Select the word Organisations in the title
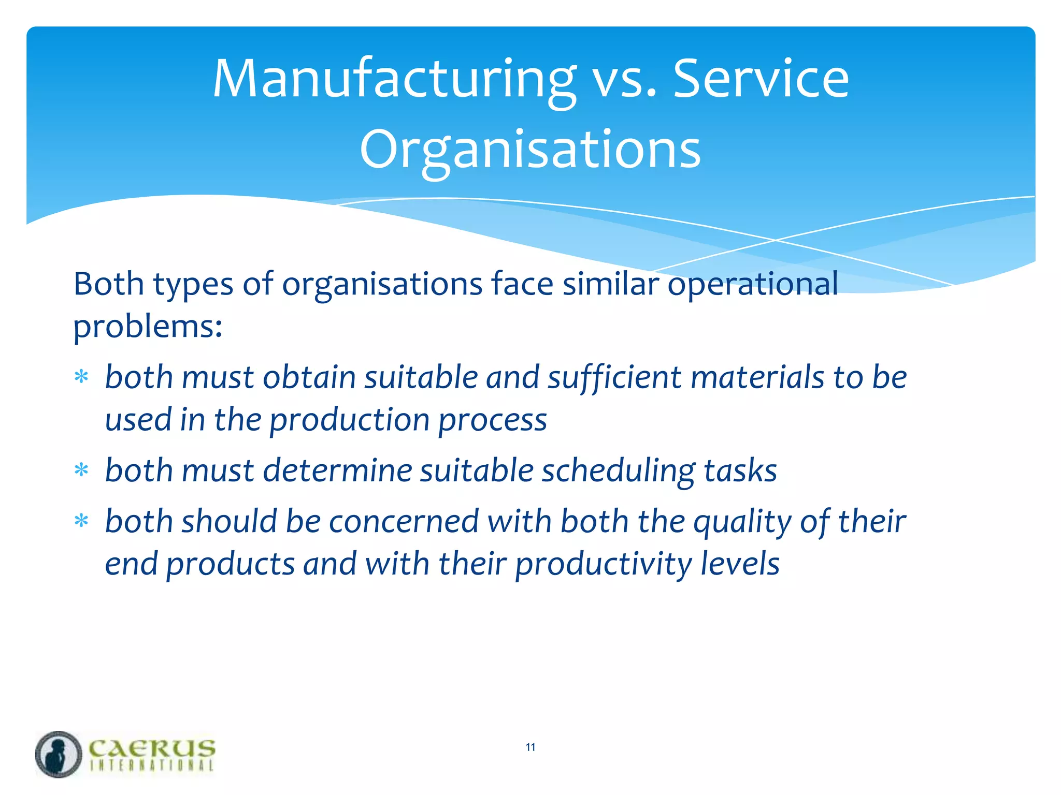[530, 150]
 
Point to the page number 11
[530, 747]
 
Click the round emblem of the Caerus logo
[59, 754]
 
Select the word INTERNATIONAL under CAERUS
[152, 766]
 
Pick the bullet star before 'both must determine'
[81, 470]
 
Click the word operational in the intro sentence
[752, 285]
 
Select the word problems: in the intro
[148, 327]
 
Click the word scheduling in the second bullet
[618, 471]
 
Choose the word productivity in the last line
[603, 564]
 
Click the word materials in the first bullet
[757, 377]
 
